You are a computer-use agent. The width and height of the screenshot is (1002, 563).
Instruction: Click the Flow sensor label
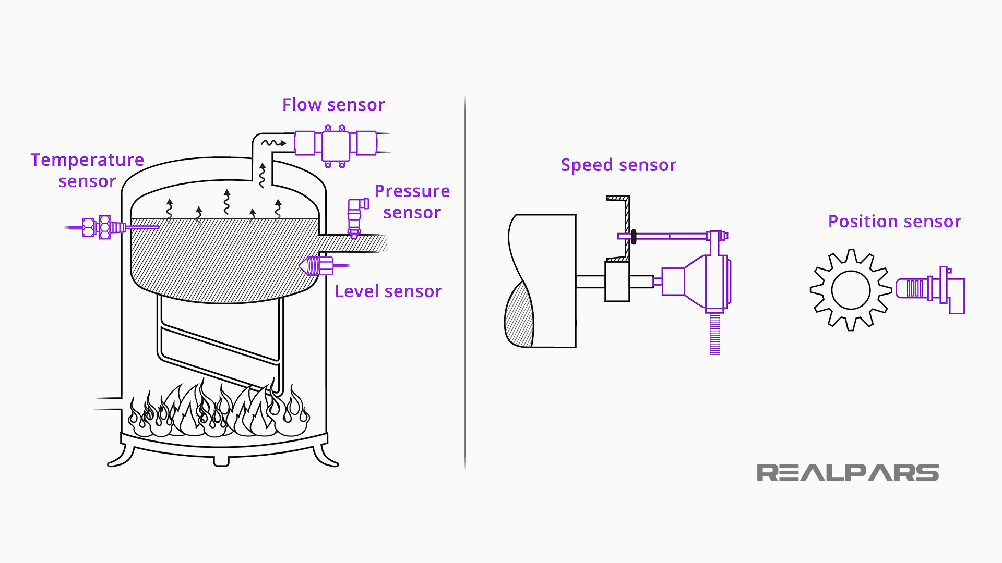[x=333, y=105]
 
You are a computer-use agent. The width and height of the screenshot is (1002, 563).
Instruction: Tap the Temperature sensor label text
[x=87, y=170]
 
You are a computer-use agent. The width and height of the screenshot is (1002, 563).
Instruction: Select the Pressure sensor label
[x=412, y=202]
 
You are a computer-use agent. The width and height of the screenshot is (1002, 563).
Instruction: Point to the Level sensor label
[x=388, y=291]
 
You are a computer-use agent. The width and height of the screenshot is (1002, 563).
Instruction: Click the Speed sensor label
[x=618, y=165]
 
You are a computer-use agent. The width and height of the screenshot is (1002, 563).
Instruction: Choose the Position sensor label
[x=894, y=222]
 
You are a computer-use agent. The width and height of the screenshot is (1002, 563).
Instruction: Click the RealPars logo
[x=848, y=473]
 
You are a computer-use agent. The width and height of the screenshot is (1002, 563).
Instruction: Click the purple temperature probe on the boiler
[x=104, y=227]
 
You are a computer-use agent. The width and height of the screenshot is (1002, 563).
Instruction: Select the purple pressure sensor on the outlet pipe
[x=355, y=216]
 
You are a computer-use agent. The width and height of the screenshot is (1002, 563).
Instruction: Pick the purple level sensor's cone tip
[x=304, y=266]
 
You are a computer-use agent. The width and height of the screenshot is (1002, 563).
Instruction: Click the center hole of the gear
[x=851, y=290]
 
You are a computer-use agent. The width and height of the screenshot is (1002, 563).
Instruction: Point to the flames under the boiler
[x=219, y=412]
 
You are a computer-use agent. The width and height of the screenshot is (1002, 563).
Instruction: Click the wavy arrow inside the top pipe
[x=273, y=143]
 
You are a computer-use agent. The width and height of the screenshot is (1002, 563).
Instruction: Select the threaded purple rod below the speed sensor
[x=715, y=334]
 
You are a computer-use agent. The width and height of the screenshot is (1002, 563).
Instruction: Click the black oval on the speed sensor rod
[x=634, y=237]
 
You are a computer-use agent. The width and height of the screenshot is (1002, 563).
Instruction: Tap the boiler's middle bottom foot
[x=221, y=461]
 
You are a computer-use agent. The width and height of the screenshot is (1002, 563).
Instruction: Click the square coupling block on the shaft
[x=617, y=281]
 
